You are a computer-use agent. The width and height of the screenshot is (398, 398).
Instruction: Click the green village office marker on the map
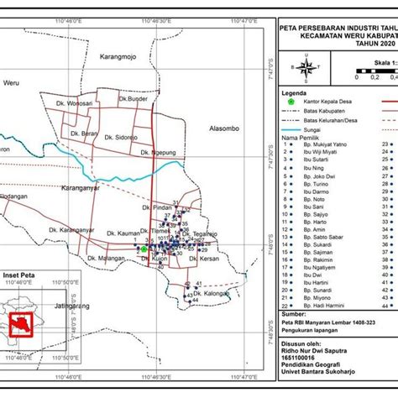(144, 249)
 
